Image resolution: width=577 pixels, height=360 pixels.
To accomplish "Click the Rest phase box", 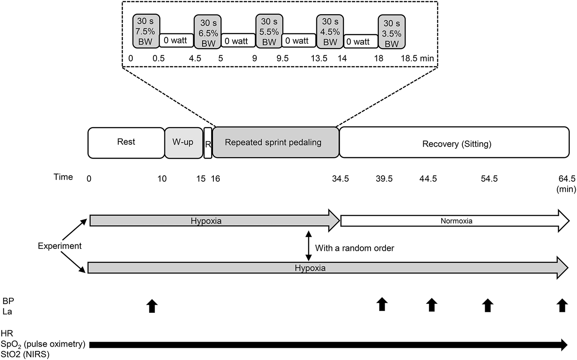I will coord(126,142).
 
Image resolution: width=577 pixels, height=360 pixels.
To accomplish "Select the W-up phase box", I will coord(184,142).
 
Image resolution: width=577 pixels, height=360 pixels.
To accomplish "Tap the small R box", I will coord(208,143).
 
